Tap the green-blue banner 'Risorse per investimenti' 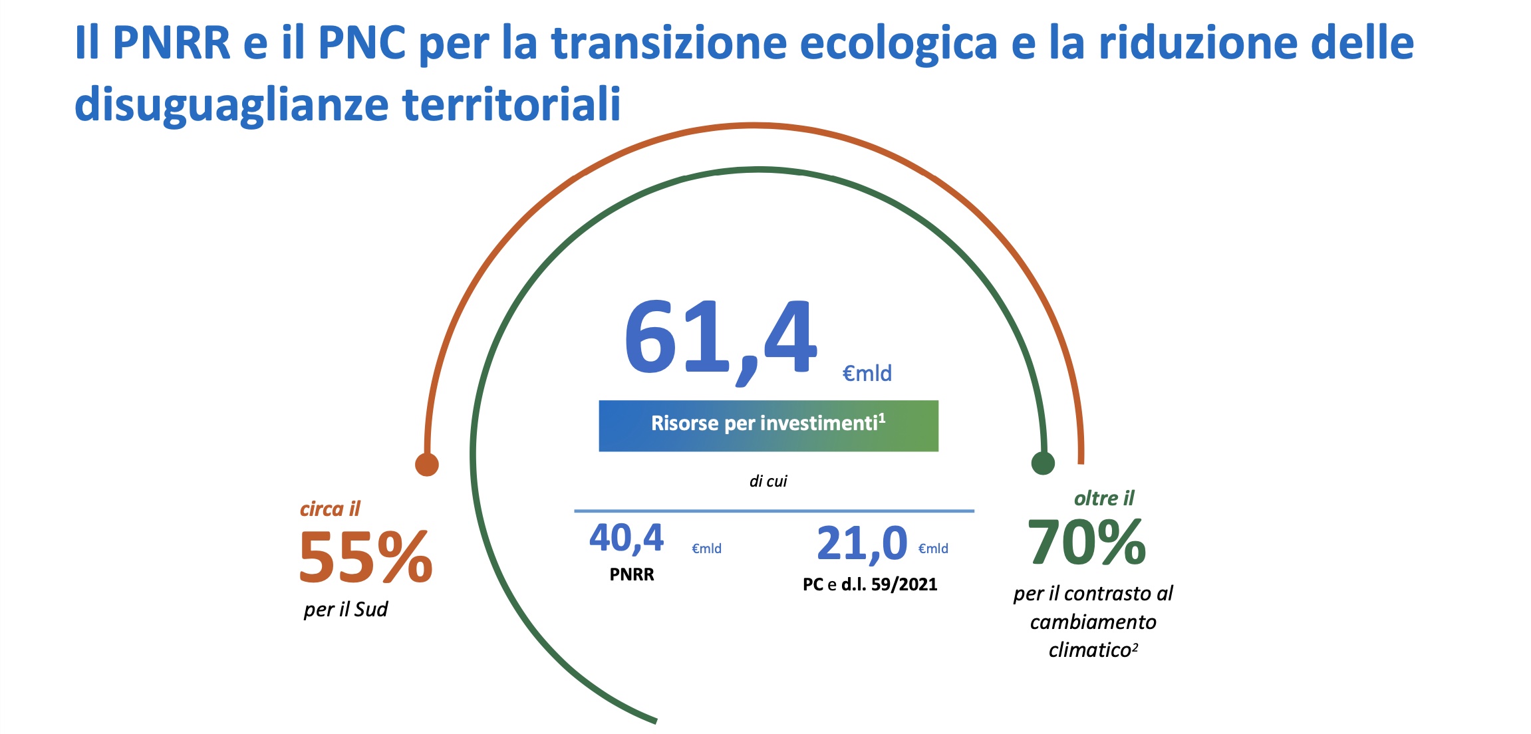(768, 426)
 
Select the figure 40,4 (626, 539)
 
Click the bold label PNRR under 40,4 (632, 574)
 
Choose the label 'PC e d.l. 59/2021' (870, 584)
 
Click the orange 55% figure (366, 557)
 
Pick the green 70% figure (1087, 542)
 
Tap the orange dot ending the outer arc (427, 464)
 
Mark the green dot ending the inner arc (1043, 463)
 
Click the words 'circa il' (330, 509)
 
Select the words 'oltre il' (1104, 499)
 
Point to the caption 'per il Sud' (346, 610)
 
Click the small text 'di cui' (768, 481)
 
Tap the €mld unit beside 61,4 (867, 374)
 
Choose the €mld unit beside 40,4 (706, 549)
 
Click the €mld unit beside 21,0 (933, 549)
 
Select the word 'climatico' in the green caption (1090, 650)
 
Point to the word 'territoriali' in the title (511, 104)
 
